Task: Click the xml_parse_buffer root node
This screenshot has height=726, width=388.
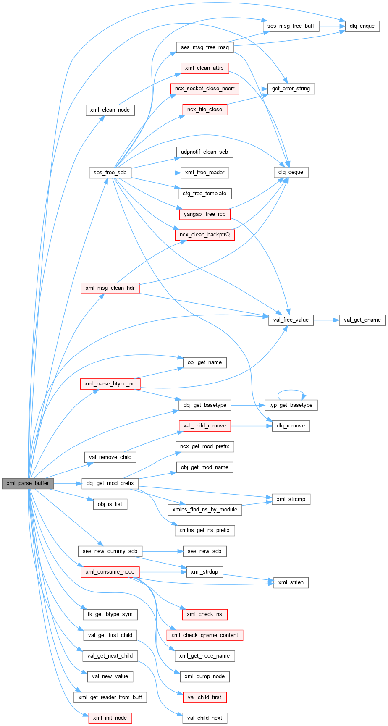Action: point(28,483)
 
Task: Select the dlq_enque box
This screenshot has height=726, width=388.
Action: point(362,26)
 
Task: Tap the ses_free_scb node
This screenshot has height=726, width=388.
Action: point(110,173)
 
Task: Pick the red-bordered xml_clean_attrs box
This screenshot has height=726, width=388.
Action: point(204,68)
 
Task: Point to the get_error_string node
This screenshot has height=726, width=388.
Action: point(291,89)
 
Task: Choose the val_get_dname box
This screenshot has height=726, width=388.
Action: point(362,320)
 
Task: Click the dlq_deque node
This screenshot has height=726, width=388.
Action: point(291,172)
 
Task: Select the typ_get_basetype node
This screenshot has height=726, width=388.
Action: point(291,405)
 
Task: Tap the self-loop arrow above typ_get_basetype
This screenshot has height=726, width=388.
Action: point(291,391)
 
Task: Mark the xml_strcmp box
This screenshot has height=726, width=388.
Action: point(291,499)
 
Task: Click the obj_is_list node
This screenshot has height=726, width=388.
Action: point(110,504)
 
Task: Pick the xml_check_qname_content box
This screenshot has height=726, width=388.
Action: point(204,635)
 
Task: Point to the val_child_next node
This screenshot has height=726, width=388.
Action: point(204,718)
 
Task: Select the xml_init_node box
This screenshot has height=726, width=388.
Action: point(110,718)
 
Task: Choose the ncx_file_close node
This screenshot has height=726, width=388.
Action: point(204,110)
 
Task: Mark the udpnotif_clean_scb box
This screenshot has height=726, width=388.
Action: point(204,152)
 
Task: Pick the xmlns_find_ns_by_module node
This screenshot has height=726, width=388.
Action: point(205,509)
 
